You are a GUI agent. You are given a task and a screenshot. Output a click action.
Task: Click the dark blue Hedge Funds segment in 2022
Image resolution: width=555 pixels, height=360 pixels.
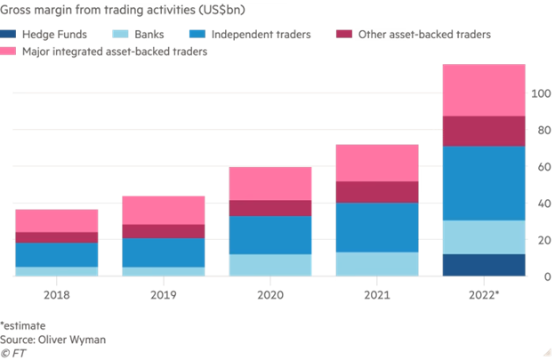[484, 265]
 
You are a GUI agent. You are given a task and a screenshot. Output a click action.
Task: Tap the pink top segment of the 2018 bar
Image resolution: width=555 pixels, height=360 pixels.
[57, 220]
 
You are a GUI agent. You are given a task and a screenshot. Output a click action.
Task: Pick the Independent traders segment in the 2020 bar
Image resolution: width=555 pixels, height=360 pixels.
[270, 235]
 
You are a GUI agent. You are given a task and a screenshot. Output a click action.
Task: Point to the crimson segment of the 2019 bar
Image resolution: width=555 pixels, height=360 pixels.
[164, 231]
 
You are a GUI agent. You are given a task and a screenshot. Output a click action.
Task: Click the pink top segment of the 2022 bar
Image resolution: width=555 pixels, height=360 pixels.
[484, 90]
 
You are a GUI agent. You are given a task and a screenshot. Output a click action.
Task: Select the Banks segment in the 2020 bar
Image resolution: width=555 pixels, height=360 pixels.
[270, 265]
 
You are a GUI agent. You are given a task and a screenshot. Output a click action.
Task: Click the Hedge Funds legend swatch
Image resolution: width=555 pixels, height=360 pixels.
[19, 36]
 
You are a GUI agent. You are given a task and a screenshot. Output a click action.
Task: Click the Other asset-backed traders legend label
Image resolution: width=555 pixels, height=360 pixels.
[423, 36]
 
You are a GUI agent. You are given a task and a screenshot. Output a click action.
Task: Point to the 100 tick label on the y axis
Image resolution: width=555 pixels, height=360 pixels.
[539, 93]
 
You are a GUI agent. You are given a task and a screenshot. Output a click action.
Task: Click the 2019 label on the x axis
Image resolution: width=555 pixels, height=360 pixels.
[164, 291]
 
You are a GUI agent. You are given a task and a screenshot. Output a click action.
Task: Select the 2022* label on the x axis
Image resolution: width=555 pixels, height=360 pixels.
[484, 291]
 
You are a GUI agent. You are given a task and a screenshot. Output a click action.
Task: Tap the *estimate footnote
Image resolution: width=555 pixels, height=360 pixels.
[28, 326]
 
